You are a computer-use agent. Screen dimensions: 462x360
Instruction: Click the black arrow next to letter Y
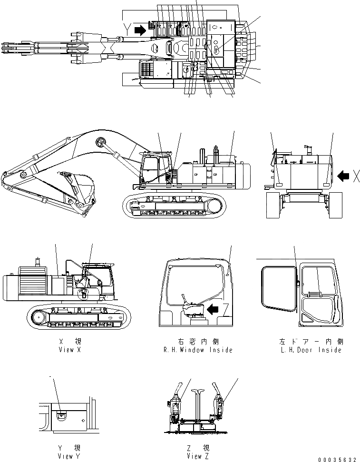140,30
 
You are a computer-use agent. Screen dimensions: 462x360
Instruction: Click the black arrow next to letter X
342,177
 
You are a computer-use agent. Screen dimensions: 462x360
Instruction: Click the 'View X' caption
66,346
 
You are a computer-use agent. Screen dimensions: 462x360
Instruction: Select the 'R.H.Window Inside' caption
197,346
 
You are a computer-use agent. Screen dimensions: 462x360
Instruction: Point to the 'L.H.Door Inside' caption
311,346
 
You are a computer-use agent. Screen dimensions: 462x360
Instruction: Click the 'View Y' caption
66,452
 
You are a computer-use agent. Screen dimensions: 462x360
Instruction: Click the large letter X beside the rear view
356,177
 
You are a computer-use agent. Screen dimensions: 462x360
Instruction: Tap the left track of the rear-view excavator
273,205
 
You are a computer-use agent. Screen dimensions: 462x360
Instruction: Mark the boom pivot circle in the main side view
101,141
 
